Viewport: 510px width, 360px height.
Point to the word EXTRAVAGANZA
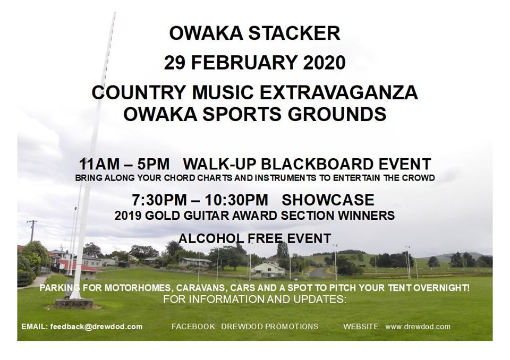click(338, 93)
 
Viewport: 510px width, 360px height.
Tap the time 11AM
click(99, 164)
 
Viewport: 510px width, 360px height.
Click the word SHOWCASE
click(328, 200)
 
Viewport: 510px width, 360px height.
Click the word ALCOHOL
click(211, 238)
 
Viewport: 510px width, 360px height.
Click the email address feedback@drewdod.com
click(96, 327)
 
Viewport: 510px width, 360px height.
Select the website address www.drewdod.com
click(418, 327)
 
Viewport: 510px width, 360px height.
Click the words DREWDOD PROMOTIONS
click(270, 327)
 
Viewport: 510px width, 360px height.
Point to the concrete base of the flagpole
click(74, 303)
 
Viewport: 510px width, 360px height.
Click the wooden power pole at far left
click(32, 230)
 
